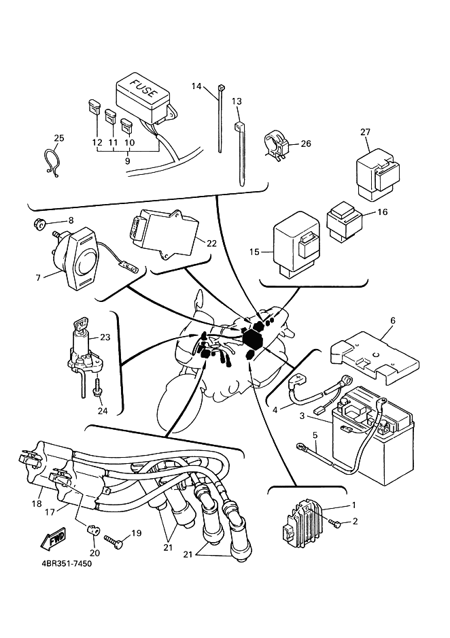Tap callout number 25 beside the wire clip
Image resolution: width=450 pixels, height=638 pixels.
[58, 139]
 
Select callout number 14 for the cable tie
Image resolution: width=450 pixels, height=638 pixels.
[196, 86]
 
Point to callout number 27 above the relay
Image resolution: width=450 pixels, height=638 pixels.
[365, 132]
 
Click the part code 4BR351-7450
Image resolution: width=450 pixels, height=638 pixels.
[61, 564]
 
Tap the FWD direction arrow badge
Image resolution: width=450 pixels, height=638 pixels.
[54, 541]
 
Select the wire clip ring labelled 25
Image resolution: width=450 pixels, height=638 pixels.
[54, 163]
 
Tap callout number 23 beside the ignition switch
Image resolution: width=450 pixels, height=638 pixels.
[105, 337]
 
